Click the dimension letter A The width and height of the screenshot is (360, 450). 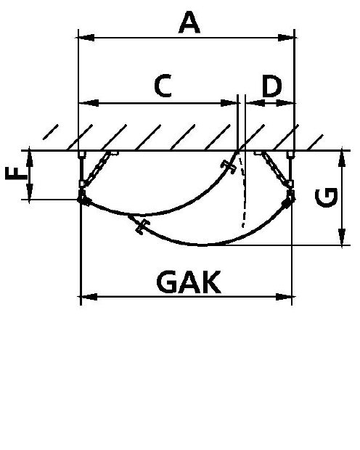pyautogui.click(x=189, y=22)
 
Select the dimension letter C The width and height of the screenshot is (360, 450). pyautogui.click(x=163, y=86)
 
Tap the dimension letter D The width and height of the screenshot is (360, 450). pyautogui.click(x=271, y=86)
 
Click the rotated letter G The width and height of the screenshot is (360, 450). pyautogui.click(x=326, y=197)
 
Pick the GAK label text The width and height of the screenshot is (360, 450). pyautogui.click(x=189, y=282)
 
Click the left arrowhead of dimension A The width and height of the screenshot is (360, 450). pyautogui.click(x=86, y=38)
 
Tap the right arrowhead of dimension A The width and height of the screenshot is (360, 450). pyautogui.click(x=286, y=38)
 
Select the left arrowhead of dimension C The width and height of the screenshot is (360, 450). pyautogui.click(x=89, y=103)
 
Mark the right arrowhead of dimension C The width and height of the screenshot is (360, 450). pyautogui.click(x=229, y=103)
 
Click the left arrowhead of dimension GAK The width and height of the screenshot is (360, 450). pyautogui.click(x=89, y=297)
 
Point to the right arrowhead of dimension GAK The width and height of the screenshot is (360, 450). pyautogui.click(x=284, y=297)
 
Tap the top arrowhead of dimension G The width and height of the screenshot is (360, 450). pyautogui.click(x=342, y=157)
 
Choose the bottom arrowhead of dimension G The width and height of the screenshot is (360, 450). pyautogui.click(x=342, y=237)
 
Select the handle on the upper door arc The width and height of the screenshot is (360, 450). pyautogui.click(x=228, y=167)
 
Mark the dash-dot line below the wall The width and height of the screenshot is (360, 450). pyautogui.click(x=243, y=191)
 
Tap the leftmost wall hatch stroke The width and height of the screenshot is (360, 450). pyautogui.click(x=51, y=132)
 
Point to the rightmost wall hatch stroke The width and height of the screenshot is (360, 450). pyautogui.click(x=315, y=142)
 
